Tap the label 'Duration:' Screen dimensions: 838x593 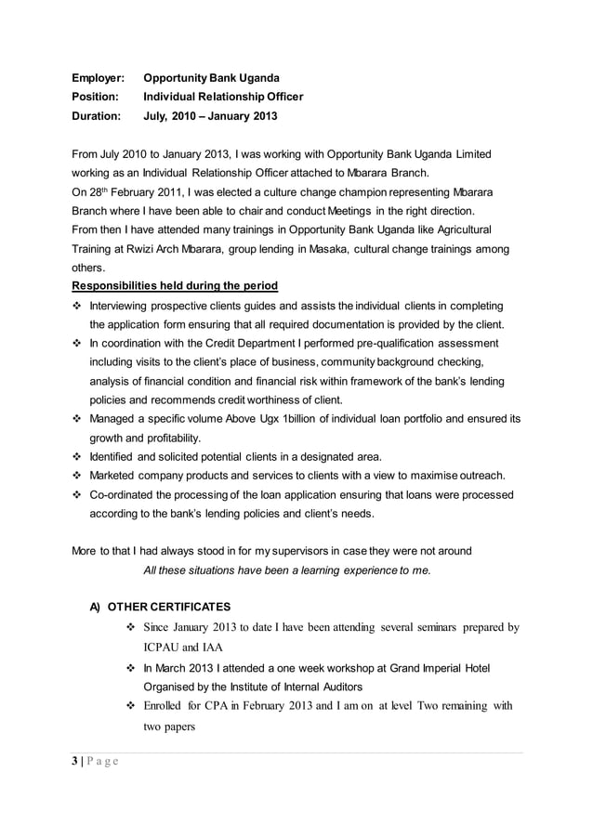click(97, 117)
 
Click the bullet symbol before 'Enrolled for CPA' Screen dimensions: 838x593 click(131, 706)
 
